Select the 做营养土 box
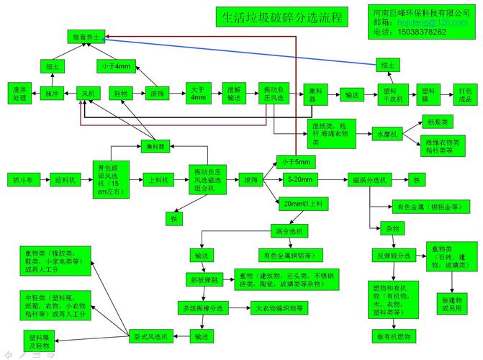(87, 35)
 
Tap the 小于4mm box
(116, 66)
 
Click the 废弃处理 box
(19, 93)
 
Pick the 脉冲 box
(53, 94)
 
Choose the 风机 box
(88, 94)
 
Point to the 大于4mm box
(198, 93)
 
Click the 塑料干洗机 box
(393, 94)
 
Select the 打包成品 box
(465, 94)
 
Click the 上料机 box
(157, 179)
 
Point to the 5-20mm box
(299, 179)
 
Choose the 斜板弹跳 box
(204, 278)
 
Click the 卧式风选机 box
(150, 336)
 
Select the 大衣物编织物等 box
(279, 307)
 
